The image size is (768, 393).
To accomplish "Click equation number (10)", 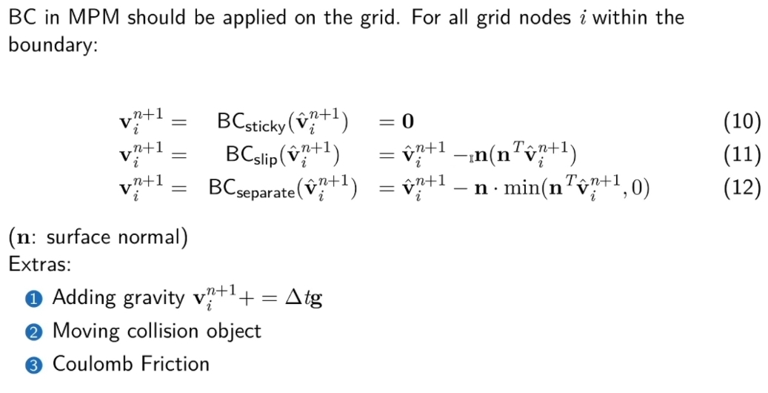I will click(x=741, y=121).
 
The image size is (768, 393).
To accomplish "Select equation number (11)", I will click(x=741, y=154).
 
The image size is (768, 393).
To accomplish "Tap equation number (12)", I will click(x=741, y=188).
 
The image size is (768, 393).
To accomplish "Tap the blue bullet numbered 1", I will click(x=35, y=299).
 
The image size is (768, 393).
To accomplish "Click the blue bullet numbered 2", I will click(x=35, y=331).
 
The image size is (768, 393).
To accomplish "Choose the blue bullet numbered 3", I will click(x=35, y=365).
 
